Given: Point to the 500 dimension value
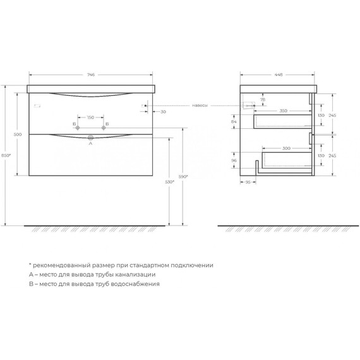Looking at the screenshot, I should [18, 135].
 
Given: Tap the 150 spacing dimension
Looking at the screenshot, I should [90, 117].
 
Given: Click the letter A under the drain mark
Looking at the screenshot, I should [90, 143].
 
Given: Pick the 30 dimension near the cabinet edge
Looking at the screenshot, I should [163, 112].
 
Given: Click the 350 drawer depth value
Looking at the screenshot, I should [283, 111].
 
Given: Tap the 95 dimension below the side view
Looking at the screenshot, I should [248, 181].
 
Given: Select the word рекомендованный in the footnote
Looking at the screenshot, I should [65, 265].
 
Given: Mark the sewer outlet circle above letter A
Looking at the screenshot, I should [91, 136].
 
